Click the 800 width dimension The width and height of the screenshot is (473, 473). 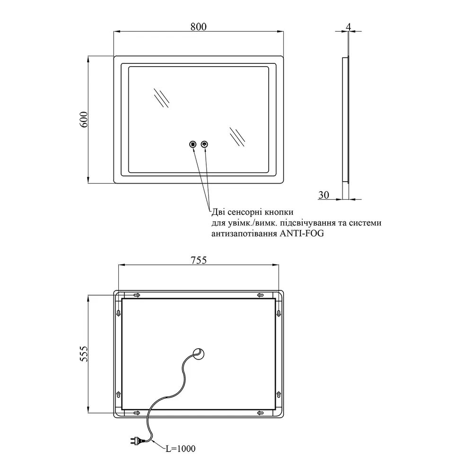(199, 26)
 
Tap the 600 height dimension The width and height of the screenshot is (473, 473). (84, 119)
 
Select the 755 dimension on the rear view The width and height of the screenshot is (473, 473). (199, 260)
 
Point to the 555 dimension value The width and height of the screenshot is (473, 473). (84, 353)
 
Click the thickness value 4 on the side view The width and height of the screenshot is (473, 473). (349, 27)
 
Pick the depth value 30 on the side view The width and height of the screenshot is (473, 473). (324, 195)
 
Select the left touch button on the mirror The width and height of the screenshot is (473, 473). (193, 144)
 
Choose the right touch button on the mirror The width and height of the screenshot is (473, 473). (205, 144)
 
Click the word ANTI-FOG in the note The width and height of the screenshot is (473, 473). (302, 233)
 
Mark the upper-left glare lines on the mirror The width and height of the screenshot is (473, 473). (161, 98)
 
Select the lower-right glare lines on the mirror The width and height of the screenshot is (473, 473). (237, 137)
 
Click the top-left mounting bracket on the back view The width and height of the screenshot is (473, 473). (136, 295)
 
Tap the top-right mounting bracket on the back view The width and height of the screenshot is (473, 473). (260, 295)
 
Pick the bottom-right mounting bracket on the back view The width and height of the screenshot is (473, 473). (260, 412)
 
